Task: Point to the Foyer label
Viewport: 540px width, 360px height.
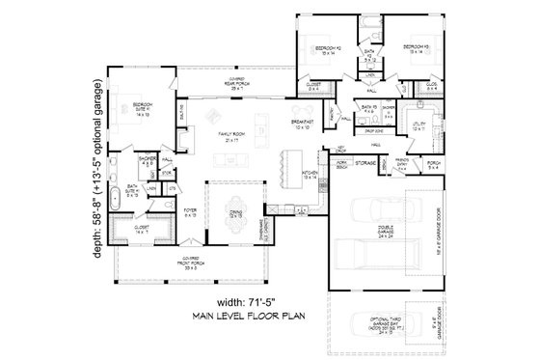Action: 192,211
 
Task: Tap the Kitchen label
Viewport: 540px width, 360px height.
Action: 310,176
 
